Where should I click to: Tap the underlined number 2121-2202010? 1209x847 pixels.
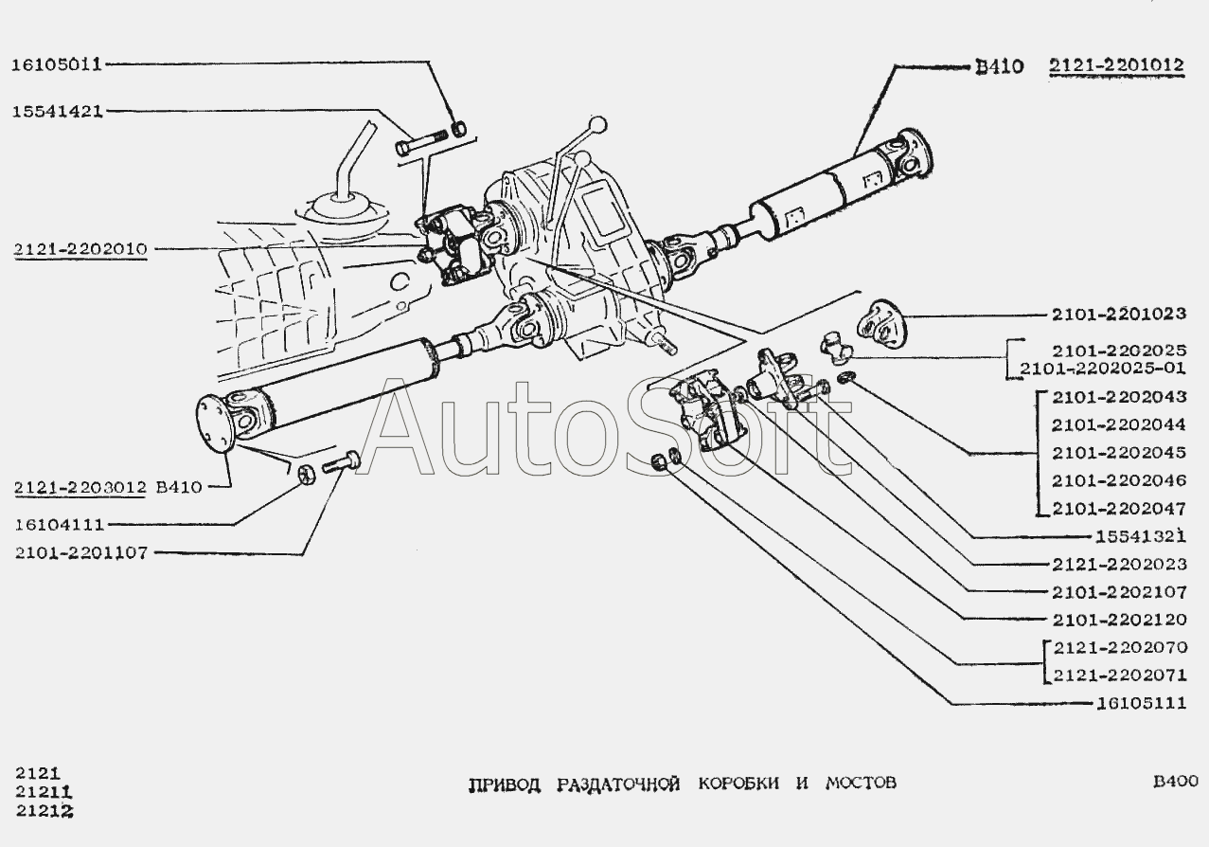(x=80, y=249)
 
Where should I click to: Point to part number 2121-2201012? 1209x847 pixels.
(x=1116, y=65)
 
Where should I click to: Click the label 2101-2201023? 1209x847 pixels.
(x=1118, y=314)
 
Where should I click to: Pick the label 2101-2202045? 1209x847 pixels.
(x=1118, y=453)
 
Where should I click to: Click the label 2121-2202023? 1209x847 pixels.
(x=1118, y=564)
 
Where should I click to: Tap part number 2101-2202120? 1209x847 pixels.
(x=1118, y=620)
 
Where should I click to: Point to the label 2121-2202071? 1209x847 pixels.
(x=1118, y=676)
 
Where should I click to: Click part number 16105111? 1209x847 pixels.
(x=1141, y=703)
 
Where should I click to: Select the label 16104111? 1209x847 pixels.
(x=59, y=524)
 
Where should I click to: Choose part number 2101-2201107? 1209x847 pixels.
(x=80, y=552)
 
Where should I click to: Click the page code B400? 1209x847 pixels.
(x=1175, y=782)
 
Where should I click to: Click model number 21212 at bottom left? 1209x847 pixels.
(x=44, y=811)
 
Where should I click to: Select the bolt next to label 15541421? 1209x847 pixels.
(x=417, y=146)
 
